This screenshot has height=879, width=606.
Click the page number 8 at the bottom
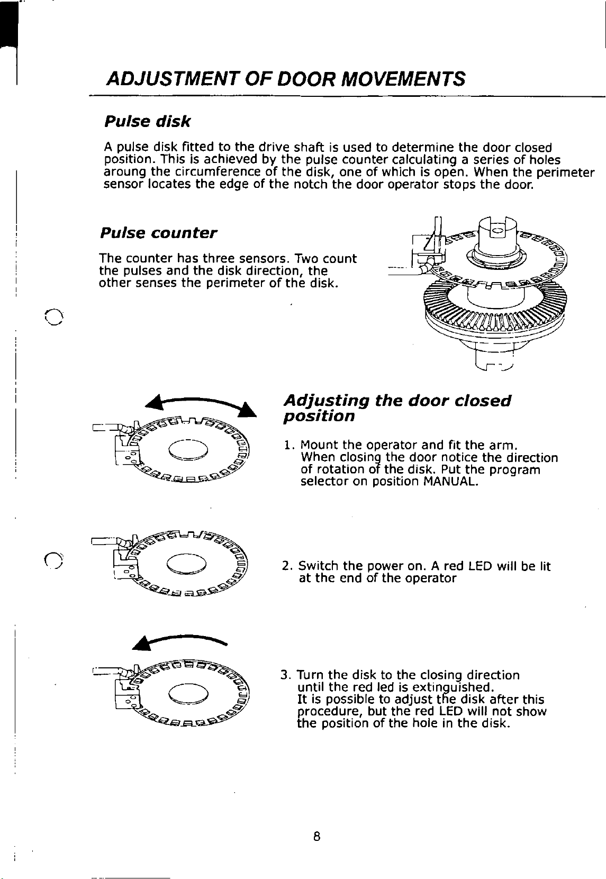[316, 837]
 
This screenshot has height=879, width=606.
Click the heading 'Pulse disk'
[147, 122]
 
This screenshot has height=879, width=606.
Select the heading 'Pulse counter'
[158, 233]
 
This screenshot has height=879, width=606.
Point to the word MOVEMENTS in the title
[403, 79]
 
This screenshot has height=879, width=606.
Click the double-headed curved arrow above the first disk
[201, 405]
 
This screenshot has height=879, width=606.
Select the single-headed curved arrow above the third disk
[179, 639]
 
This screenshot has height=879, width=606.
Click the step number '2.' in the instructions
[287, 566]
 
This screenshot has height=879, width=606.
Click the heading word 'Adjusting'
[326, 401]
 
